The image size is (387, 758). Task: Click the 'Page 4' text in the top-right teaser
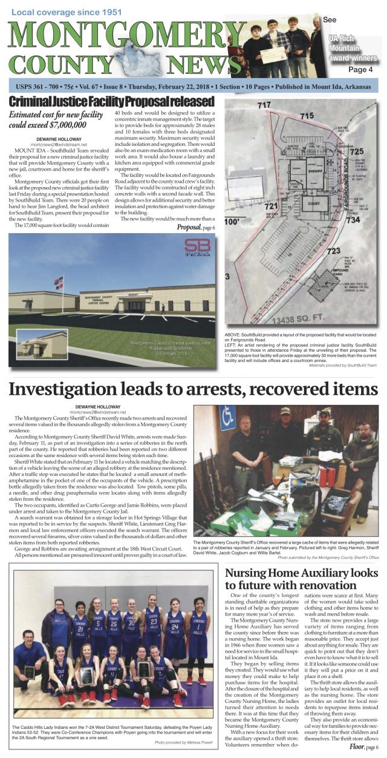pos(360,69)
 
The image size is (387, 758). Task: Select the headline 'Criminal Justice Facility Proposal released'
pos(111,101)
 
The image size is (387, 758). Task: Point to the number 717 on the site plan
pos(264,105)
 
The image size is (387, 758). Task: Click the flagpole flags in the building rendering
pos(59,282)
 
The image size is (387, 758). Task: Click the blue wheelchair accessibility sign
pos(227,418)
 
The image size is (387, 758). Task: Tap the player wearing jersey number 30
pos(129,624)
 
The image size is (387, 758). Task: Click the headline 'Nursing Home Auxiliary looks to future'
pos(301,579)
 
